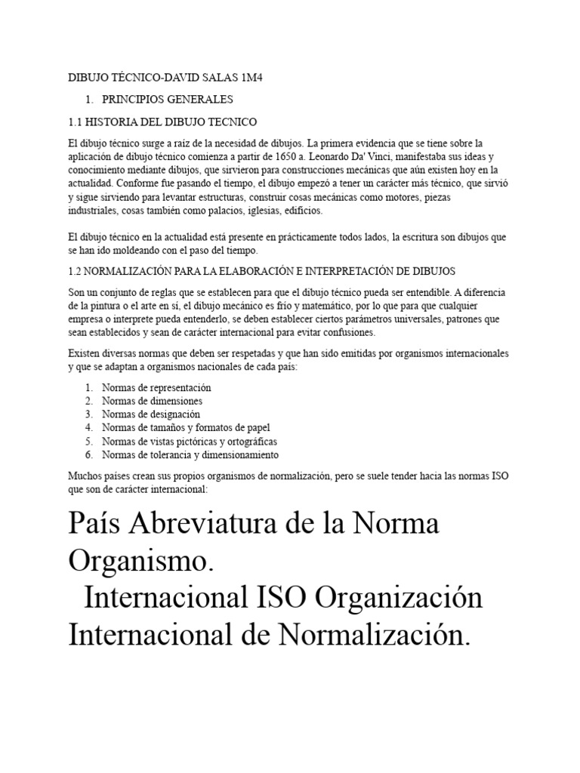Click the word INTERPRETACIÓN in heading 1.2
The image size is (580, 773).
tap(375, 270)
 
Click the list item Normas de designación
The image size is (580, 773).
tap(151, 414)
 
